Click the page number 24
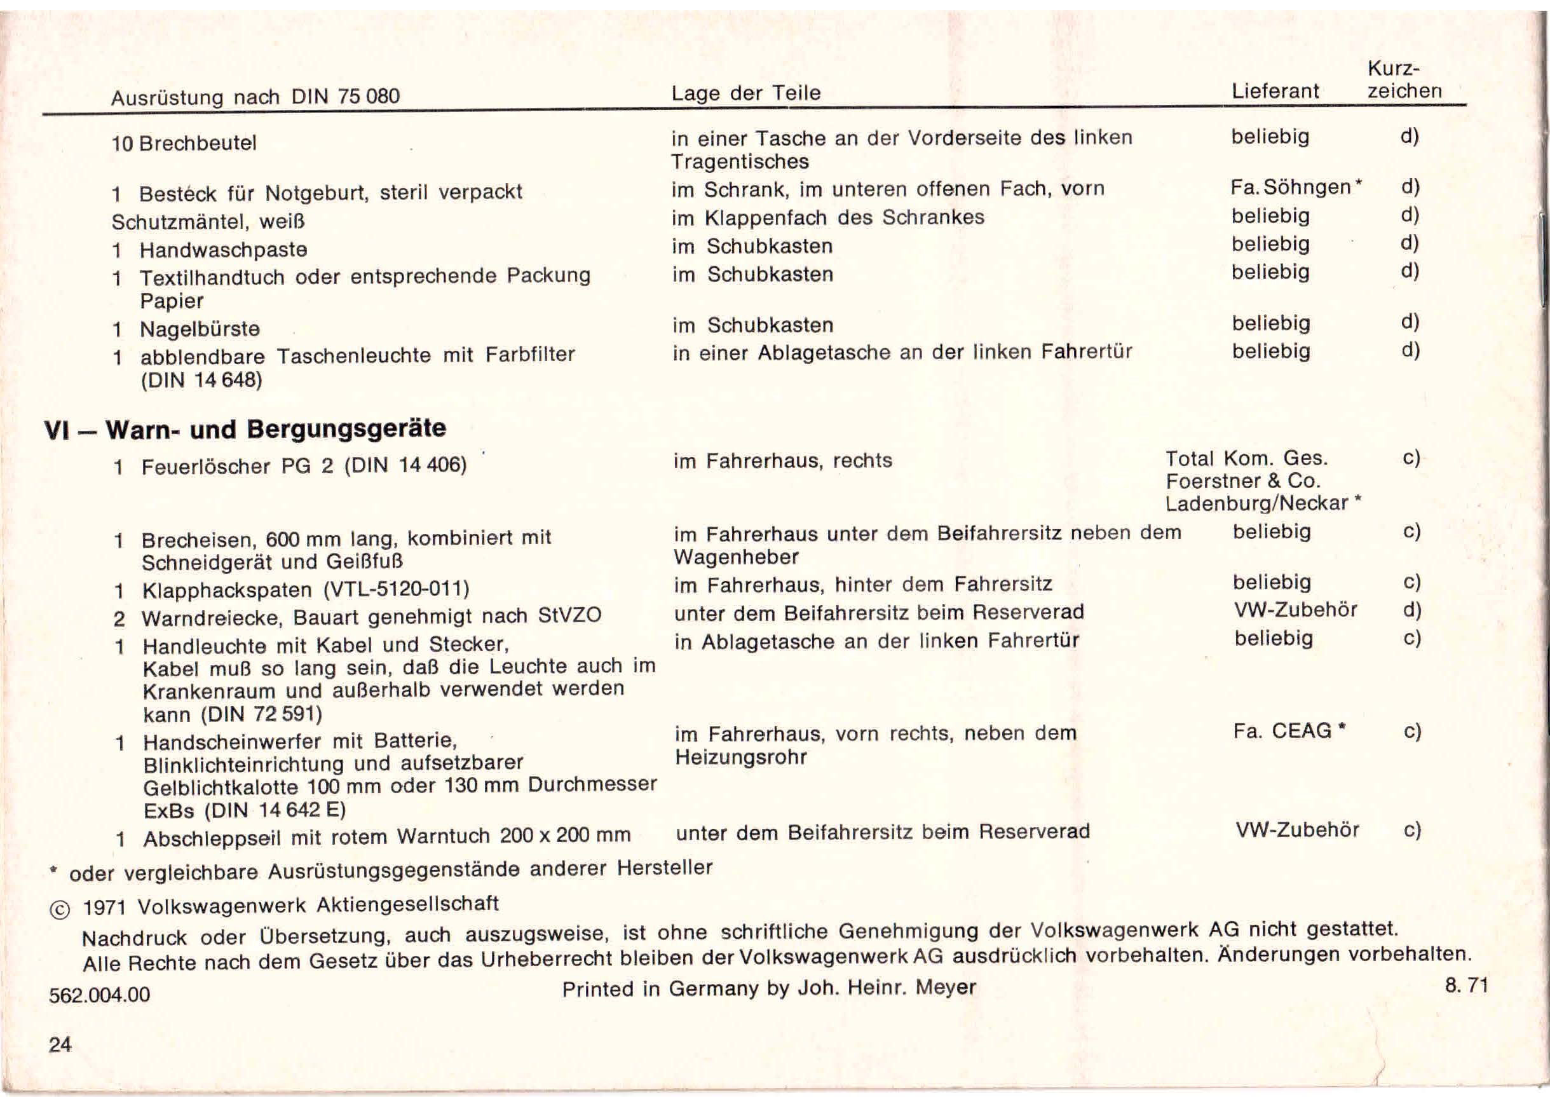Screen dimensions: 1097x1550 [x=60, y=1044]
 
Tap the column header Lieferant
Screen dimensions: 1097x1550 [x=1274, y=91]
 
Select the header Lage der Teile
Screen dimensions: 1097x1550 [x=745, y=93]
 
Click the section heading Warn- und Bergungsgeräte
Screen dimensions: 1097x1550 [x=276, y=429]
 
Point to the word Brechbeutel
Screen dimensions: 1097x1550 [x=198, y=143]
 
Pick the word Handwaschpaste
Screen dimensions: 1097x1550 [x=224, y=250]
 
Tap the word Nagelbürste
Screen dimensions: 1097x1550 [x=200, y=329]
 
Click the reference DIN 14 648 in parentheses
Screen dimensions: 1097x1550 [x=201, y=380]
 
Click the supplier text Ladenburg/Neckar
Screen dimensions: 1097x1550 [x=1257, y=503]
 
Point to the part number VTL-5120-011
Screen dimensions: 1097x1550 [x=397, y=589]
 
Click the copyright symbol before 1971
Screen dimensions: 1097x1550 [x=60, y=910]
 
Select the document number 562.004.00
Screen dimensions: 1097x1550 [x=99, y=994]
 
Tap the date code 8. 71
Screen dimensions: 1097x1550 [x=1466, y=986]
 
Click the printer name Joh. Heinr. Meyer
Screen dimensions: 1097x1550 [x=887, y=988]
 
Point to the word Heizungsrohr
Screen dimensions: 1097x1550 [x=741, y=757]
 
